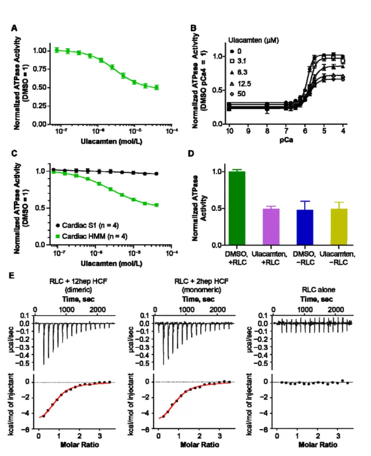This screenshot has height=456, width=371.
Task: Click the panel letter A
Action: pos(14,28)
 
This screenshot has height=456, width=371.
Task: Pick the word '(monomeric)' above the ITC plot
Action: pos(198,289)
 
